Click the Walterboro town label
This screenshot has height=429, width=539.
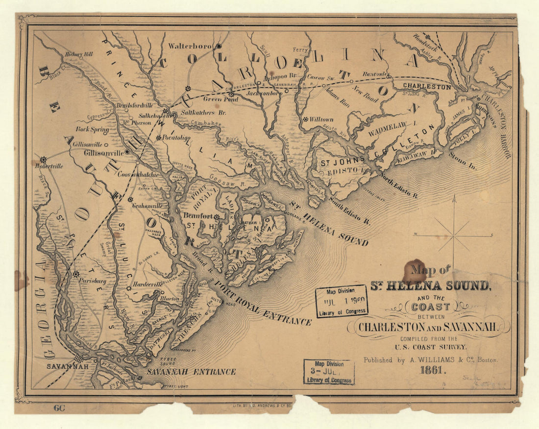coord(190,46)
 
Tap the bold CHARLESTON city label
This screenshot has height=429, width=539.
coord(426,87)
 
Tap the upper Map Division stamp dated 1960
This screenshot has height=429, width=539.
coord(342,301)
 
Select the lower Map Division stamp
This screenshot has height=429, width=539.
coord(329,372)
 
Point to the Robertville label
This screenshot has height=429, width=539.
coord(49,166)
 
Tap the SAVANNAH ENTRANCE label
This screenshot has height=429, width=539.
coord(198,372)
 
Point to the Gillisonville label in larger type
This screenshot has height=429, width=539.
coord(104,153)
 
